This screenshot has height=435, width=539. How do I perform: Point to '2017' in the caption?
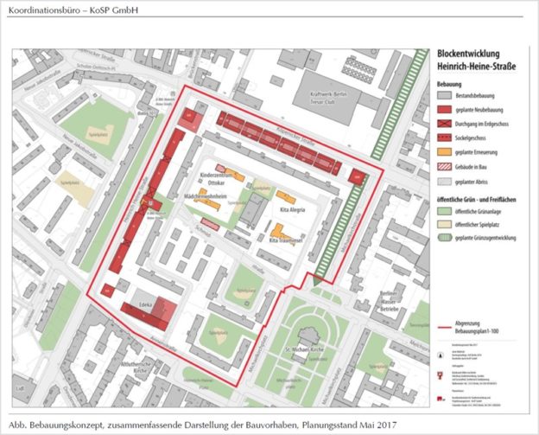390,425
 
